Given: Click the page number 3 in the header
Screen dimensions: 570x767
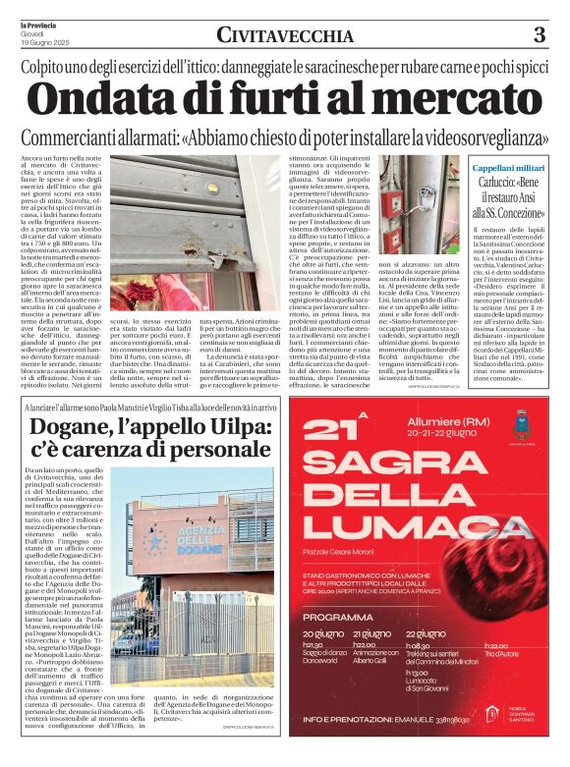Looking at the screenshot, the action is point(539,36).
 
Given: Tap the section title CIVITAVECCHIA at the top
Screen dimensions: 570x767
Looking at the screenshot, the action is point(285,36).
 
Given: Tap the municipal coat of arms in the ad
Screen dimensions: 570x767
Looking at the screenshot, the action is point(520,428).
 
